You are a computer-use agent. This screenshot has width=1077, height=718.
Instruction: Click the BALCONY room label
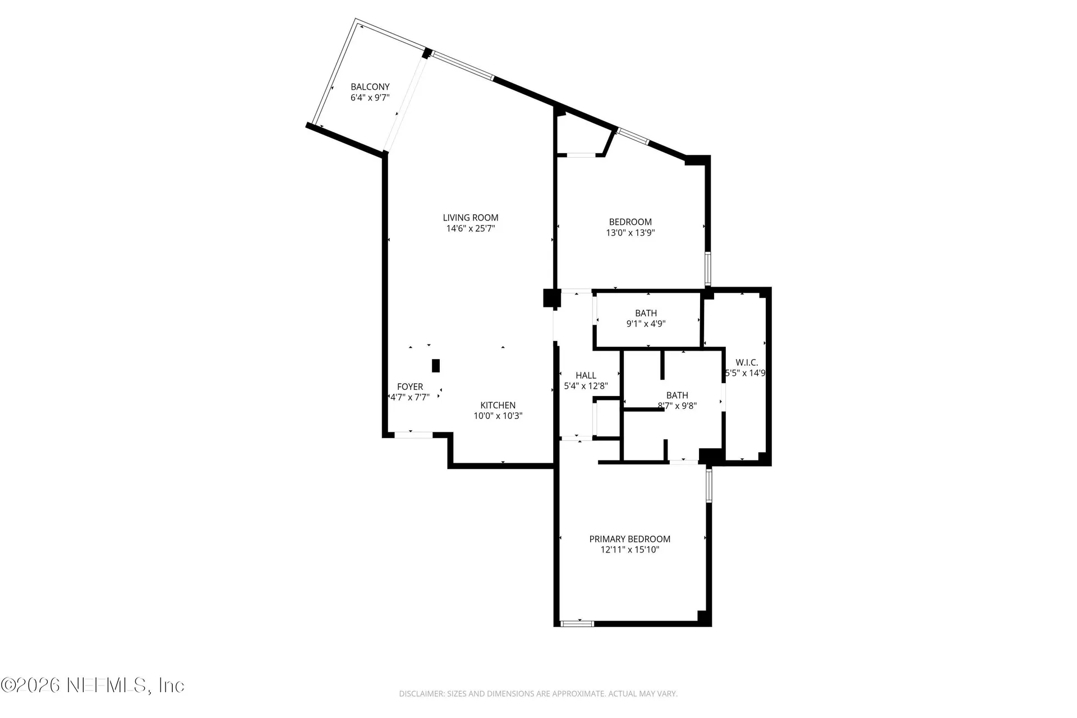pos(370,87)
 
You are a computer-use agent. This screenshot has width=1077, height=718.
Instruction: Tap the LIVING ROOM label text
pos(471,218)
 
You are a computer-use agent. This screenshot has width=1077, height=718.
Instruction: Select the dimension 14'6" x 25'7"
pos(471,228)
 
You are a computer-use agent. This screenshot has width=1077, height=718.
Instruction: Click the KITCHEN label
pos(498,405)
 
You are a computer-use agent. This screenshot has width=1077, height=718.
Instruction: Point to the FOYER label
pos(410,386)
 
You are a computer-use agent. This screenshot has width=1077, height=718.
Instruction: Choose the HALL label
pos(586,375)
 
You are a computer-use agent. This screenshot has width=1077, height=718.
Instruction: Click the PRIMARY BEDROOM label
pos(630,539)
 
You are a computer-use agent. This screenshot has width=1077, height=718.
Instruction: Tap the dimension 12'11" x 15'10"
pos(630,550)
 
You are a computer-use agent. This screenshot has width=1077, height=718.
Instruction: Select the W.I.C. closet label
pos(747,362)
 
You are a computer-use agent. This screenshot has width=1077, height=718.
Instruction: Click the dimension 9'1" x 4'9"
pos(646,324)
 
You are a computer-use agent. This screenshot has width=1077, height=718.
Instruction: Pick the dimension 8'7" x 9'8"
pos(678,406)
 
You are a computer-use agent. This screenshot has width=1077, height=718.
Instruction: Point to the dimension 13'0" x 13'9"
pos(630,233)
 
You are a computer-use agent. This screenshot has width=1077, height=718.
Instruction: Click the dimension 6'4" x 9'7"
pos(370,98)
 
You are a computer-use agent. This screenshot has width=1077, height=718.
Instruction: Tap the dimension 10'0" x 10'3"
pos(498,416)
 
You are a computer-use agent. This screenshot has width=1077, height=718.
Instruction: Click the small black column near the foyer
pos(436,366)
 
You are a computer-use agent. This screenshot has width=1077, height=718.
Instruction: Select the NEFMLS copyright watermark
pos(93,685)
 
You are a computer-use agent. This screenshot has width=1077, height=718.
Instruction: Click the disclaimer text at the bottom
pos(538,694)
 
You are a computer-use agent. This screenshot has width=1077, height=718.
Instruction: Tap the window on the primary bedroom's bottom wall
pos(577,623)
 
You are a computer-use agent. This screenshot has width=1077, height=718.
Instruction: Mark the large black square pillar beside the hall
pos(552,298)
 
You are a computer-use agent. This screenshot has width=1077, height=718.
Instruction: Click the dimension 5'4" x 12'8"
pos(586,386)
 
